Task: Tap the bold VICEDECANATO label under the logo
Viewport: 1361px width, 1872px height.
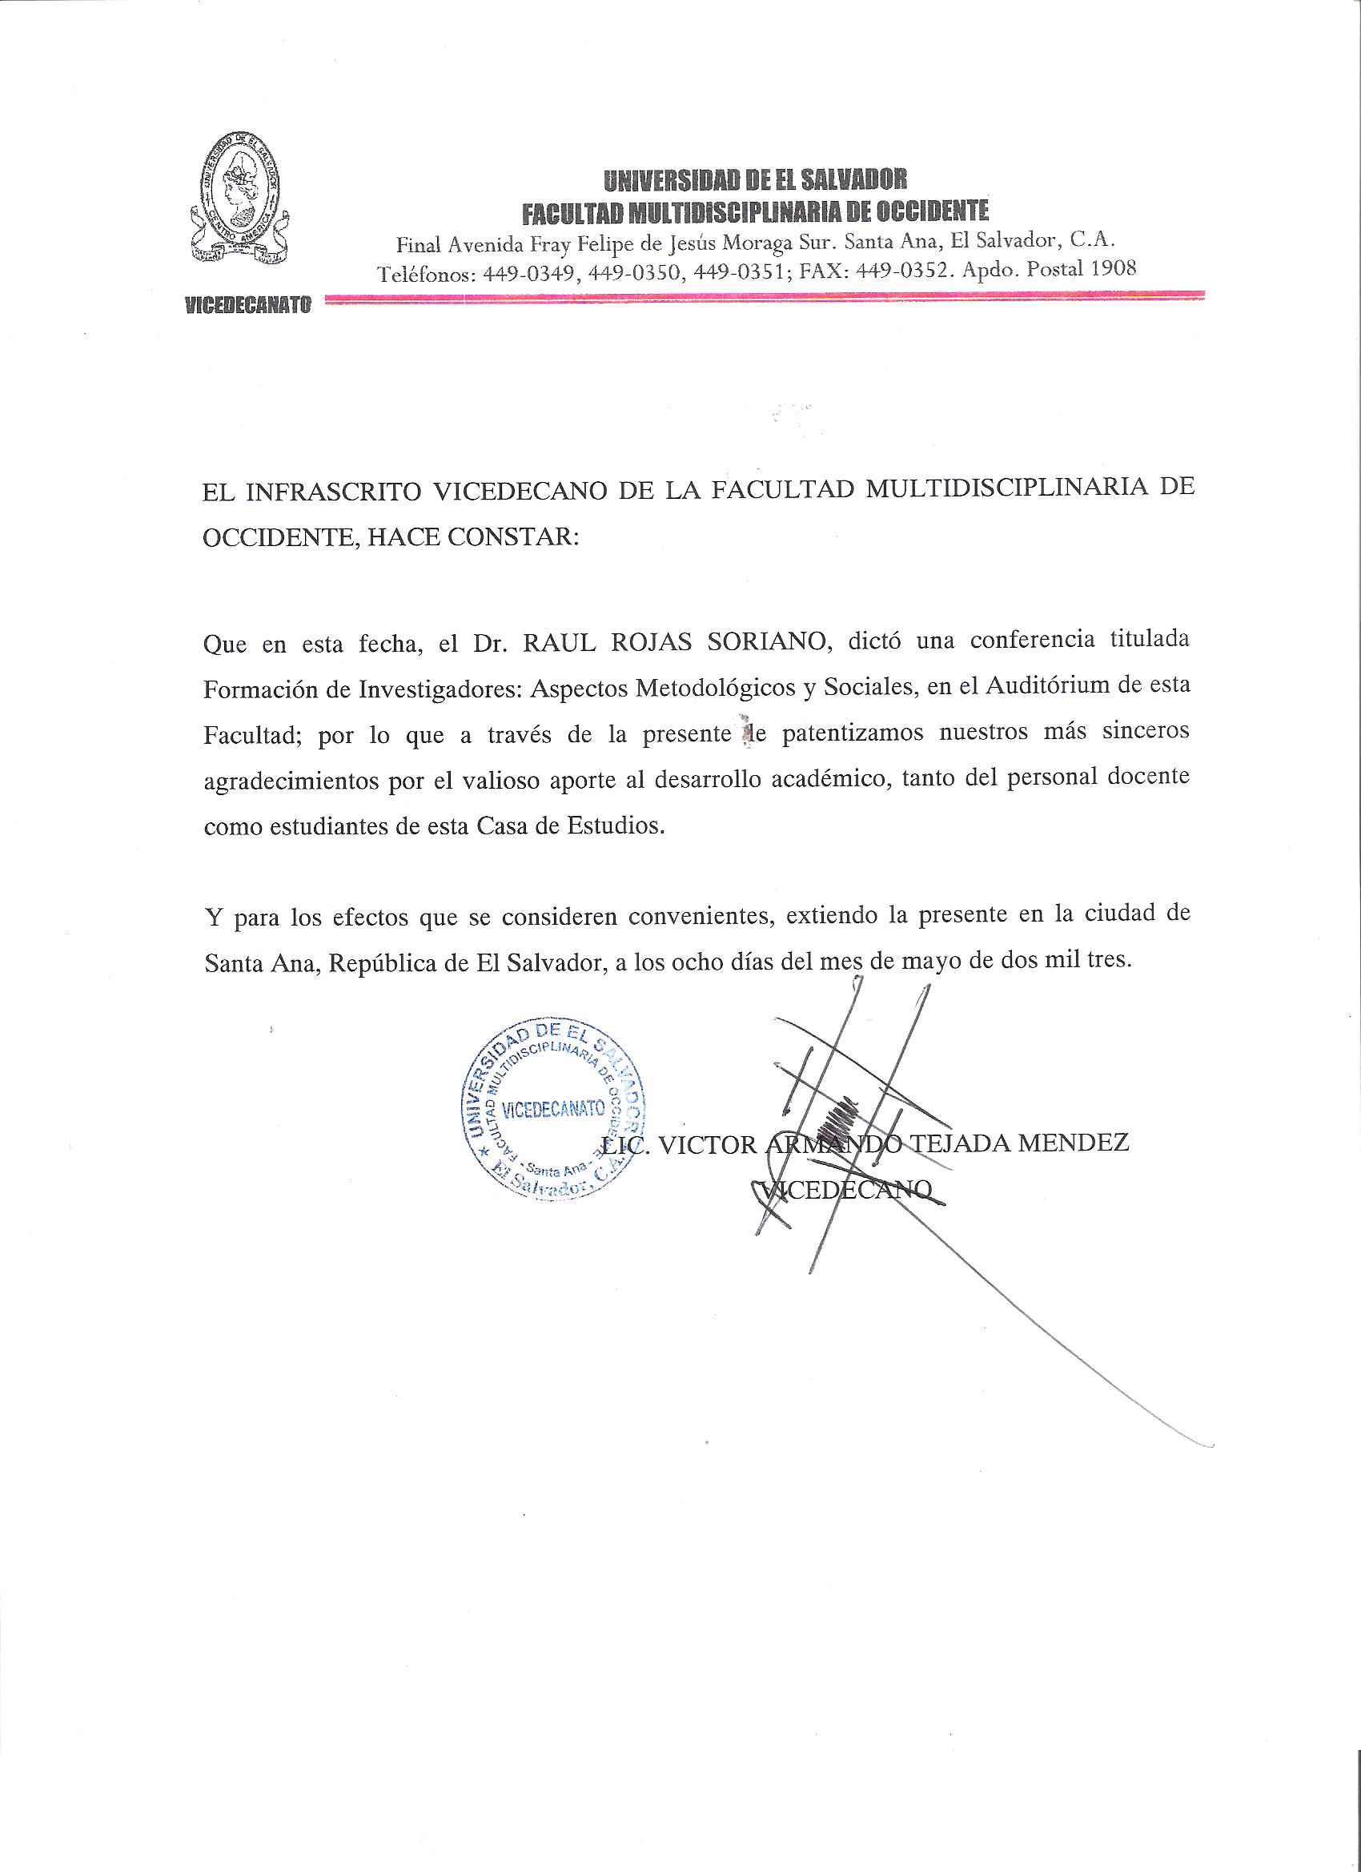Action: pyautogui.click(x=247, y=305)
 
